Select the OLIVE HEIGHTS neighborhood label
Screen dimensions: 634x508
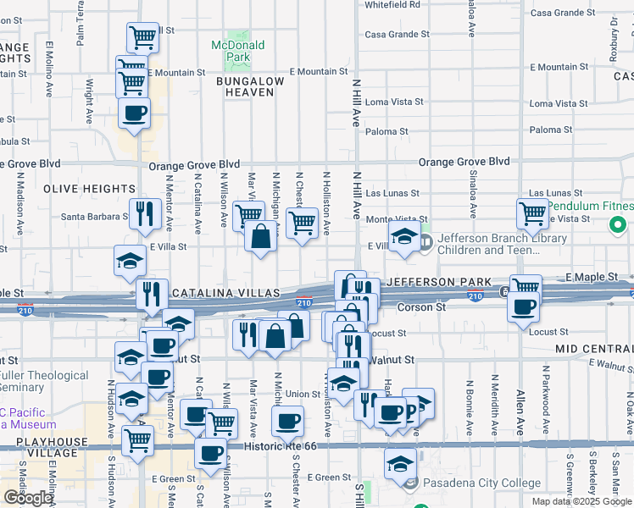101,188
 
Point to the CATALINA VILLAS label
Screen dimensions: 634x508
226,292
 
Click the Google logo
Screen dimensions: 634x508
28,498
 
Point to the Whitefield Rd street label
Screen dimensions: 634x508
392,4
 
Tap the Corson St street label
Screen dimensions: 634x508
416,307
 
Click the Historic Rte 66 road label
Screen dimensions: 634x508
285,446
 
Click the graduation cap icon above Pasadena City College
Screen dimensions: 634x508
400,461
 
